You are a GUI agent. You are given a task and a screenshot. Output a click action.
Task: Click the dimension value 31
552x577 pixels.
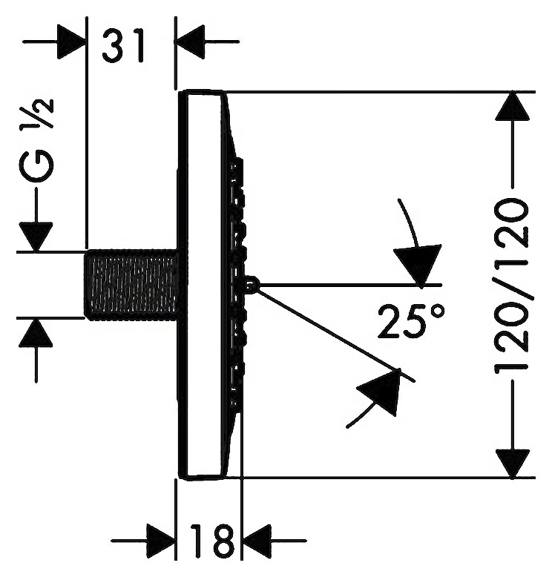pos(122,46)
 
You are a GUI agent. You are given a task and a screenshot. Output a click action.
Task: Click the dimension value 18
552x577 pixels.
pos(211,541)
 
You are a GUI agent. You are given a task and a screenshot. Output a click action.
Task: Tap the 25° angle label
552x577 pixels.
pos(410,320)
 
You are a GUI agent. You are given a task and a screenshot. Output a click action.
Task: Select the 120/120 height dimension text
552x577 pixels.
pos(511,286)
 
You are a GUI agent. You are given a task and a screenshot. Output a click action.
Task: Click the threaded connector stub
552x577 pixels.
pos(131,284)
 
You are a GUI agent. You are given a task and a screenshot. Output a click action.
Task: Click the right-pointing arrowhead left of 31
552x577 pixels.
pos(71,42)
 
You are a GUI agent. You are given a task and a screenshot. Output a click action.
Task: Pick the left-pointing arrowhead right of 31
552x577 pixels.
pos(189,42)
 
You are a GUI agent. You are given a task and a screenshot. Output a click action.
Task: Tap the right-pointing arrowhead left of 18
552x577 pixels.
pos(160,541)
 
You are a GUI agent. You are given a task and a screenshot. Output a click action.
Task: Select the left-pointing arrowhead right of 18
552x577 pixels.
pos(256,541)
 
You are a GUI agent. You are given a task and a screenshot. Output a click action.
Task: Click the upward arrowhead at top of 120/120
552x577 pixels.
pos(512,106)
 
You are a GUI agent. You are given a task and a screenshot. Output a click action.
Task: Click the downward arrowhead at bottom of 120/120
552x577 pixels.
pos(512,464)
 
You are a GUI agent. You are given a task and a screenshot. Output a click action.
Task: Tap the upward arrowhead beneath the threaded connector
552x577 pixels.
pos(36,332)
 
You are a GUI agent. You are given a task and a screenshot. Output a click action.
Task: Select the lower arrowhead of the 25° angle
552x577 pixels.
pos(381,391)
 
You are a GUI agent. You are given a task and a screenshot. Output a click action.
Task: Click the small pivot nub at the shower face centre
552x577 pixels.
pos(252,284)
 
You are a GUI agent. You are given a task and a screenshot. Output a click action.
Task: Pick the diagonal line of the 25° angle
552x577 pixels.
pos(336,335)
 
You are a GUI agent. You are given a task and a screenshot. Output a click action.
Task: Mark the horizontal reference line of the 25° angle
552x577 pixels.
pos(350,285)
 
